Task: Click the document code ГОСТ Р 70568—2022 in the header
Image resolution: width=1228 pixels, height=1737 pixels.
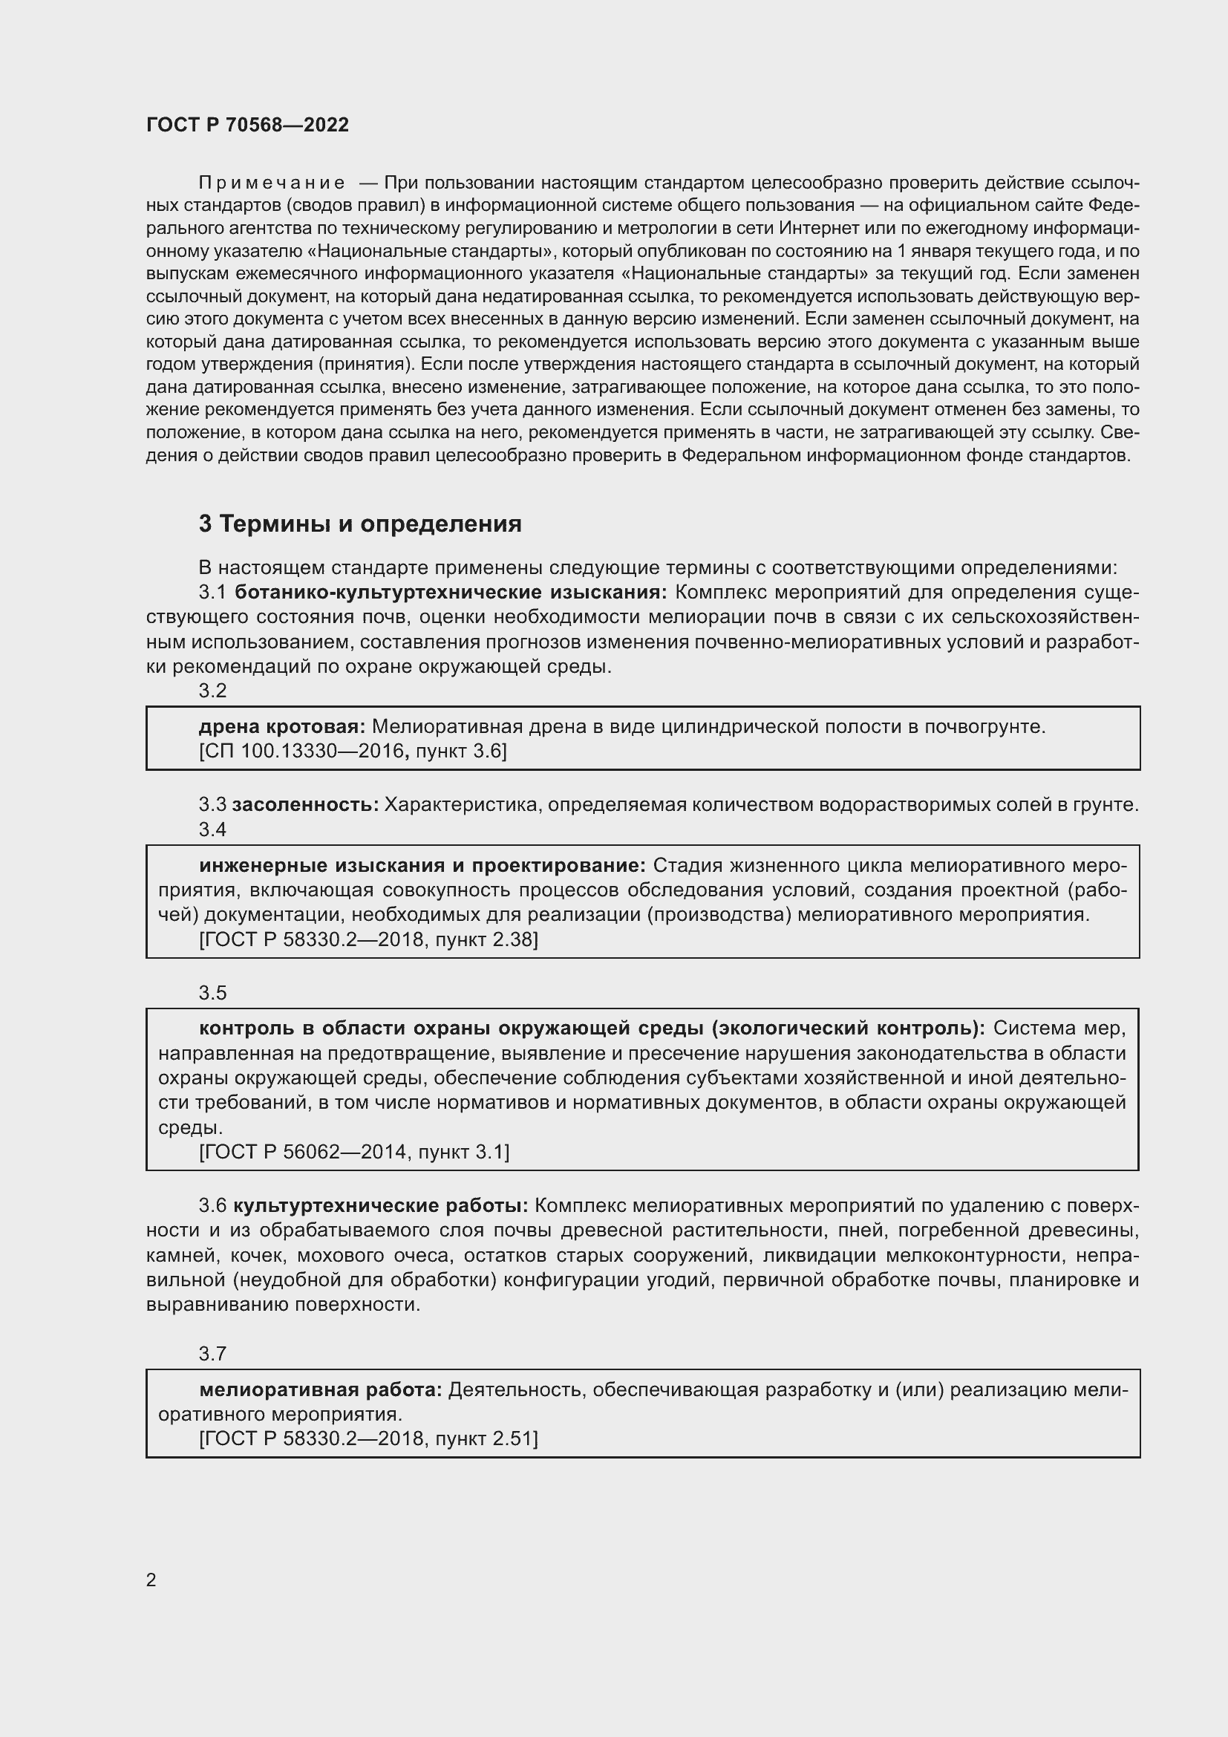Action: (x=247, y=125)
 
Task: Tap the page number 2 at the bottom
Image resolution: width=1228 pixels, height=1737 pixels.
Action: (x=151, y=1580)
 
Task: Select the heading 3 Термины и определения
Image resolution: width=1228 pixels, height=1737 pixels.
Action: (x=360, y=524)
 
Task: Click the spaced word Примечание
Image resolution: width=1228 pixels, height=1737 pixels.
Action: (x=272, y=183)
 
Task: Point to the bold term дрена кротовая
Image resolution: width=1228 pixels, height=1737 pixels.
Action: (x=282, y=726)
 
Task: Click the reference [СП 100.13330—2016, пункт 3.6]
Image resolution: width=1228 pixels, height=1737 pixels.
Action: (x=353, y=752)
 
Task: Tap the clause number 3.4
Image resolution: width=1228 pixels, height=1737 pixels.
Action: (x=212, y=830)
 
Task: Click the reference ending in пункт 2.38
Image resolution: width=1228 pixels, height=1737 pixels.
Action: (x=368, y=939)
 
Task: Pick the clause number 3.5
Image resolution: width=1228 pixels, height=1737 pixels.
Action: (x=212, y=993)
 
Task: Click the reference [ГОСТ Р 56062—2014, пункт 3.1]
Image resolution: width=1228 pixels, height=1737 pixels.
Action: (x=354, y=1153)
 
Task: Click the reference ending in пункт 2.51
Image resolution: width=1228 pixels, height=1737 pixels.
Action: (x=368, y=1439)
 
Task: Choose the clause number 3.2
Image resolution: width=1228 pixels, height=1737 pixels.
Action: (x=212, y=690)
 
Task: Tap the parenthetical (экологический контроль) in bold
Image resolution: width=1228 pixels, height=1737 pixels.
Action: (x=850, y=1028)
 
